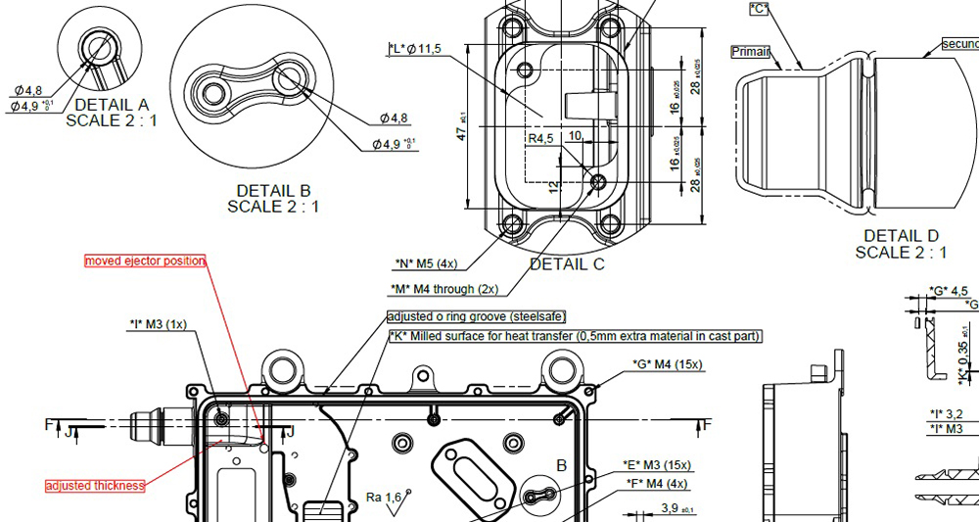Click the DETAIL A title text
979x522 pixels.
111,105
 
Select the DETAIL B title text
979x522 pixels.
273,190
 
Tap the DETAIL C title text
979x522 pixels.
567,263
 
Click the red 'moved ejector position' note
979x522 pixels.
145,261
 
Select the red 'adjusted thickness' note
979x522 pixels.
96,486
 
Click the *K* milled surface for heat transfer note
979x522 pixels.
575,336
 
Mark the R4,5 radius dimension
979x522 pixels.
541,139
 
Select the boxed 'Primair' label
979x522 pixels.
750,52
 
